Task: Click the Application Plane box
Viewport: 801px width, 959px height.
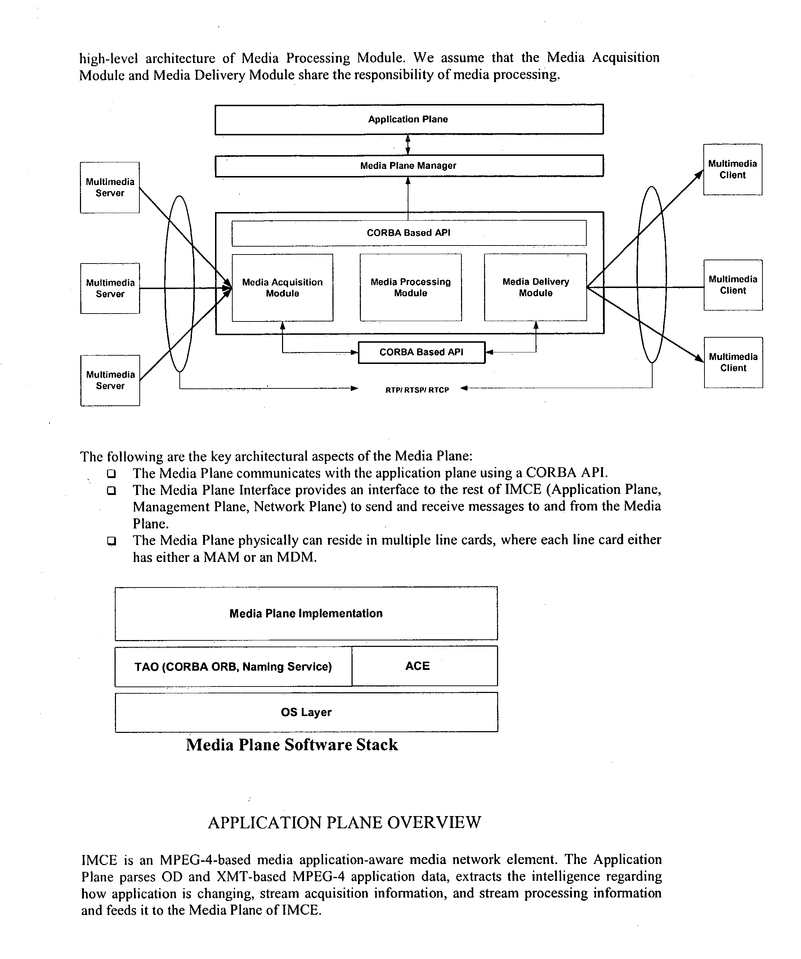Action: point(408,119)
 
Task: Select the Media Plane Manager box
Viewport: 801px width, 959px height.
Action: point(408,166)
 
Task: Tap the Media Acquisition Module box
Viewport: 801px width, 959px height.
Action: point(282,288)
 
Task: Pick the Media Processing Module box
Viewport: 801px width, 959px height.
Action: point(410,288)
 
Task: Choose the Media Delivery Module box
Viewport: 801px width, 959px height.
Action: point(536,288)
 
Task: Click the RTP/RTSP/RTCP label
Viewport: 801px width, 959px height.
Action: point(417,390)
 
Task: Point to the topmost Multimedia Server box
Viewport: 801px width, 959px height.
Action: point(109,187)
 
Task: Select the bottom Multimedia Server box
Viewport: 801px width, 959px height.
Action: point(109,381)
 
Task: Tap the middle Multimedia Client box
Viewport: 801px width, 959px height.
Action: point(733,285)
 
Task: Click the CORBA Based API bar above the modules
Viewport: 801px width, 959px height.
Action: point(408,233)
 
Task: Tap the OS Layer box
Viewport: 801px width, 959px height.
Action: point(306,712)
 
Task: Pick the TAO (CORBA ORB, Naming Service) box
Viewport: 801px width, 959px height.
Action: point(233,666)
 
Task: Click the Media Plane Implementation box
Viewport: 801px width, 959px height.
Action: point(306,613)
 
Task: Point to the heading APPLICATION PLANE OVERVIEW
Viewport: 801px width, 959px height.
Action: point(344,823)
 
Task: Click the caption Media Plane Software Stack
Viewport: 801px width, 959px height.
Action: point(291,745)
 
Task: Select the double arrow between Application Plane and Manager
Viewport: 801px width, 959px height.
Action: point(408,145)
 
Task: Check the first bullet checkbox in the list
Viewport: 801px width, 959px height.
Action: point(111,473)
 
